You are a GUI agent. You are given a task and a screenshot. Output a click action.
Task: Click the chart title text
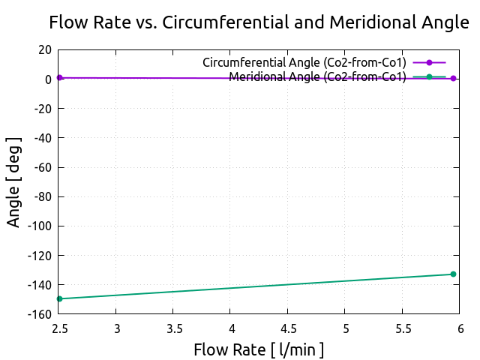[259, 22]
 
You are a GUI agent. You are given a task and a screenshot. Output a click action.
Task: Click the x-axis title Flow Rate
[259, 349]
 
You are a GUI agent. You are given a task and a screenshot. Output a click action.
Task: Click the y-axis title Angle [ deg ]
[14, 182]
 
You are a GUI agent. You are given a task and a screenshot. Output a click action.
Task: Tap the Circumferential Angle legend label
[304, 62]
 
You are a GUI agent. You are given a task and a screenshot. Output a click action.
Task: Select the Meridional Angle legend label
[318, 76]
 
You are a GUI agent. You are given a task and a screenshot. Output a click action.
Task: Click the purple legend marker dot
[429, 62]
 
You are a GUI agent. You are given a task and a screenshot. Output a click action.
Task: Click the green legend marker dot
[429, 76]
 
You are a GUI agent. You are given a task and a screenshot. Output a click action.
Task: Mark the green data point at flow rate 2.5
[59, 299]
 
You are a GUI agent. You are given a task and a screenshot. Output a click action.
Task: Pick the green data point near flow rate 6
[453, 274]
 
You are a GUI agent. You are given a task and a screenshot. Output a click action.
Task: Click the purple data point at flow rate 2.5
[59, 77]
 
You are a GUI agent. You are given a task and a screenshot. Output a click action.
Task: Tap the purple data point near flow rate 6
[453, 78]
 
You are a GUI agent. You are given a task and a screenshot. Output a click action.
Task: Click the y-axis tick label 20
[45, 49]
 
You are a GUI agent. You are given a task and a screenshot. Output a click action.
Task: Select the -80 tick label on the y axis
[42, 196]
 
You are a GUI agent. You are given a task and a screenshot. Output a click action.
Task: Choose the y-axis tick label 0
[48, 79]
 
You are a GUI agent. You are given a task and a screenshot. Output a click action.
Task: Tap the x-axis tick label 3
[117, 328]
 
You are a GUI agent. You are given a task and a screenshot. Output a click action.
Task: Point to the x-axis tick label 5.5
[402, 328]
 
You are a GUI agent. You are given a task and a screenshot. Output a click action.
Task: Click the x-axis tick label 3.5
[173, 328]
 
